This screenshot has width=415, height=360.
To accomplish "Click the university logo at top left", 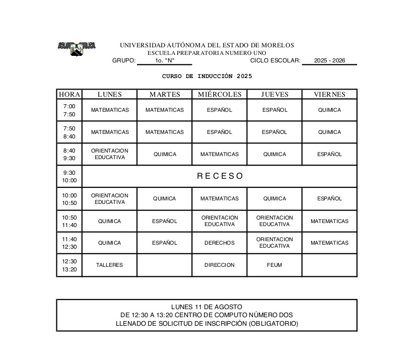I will click(x=77, y=48).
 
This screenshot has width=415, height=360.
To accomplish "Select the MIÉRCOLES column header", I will click(x=219, y=94).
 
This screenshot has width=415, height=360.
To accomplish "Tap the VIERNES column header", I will click(x=329, y=94).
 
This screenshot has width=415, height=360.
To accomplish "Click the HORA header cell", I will click(x=69, y=94).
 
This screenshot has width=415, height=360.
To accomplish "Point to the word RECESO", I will click(x=220, y=176).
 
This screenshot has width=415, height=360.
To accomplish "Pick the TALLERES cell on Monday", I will click(x=109, y=265).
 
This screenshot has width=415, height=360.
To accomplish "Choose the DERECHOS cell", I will click(x=219, y=243).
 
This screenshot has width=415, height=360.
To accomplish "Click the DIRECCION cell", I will click(x=219, y=265).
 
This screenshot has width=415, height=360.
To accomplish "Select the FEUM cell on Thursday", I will click(x=274, y=265).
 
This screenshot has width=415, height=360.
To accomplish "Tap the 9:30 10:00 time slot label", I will click(x=69, y=176).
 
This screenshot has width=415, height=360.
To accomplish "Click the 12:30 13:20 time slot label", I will click(x=69, y=265).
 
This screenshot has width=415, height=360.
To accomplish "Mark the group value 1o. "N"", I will click(x=165, y=60).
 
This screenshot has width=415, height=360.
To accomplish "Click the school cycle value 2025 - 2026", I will click(x=329, y=60).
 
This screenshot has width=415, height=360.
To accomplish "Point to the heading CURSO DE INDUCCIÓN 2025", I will click(x=207, y=77).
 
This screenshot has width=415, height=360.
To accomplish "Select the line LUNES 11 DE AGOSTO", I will click(x=206, y=307).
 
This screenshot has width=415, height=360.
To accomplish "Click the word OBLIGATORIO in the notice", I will click(x=273, y=324).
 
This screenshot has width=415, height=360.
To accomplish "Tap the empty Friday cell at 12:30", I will click(x=329, y=265).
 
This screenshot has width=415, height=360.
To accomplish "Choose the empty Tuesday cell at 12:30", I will click(x=164, y=265).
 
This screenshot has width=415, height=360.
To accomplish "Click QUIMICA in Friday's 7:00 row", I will click(x=329, y=110).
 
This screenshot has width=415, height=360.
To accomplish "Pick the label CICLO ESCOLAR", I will click(x=275, y=60).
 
